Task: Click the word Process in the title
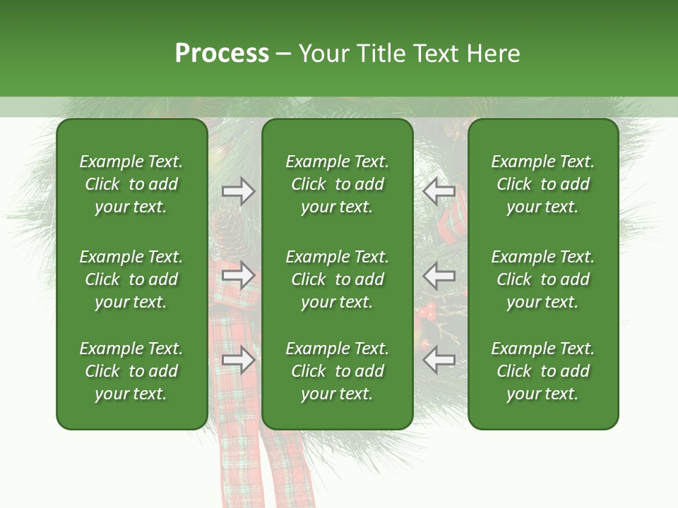pos(222,54)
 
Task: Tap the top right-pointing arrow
pos(239,191)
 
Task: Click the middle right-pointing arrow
pos(239,275)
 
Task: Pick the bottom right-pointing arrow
pos(239,360)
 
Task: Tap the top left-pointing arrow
pos(439,191)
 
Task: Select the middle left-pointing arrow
pos(439,275)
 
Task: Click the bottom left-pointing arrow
pos(439,360)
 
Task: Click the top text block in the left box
pos(131,184)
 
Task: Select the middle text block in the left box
pos(131,279)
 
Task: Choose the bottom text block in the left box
pos(131,371)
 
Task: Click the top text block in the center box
pos(337,184)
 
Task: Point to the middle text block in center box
pos(337,279)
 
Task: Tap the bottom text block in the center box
pos(337,371)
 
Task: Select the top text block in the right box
pos(542,184)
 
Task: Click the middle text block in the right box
pos(542,279)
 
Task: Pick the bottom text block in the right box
pos(542,371)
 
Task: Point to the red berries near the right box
pos(426,310)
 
